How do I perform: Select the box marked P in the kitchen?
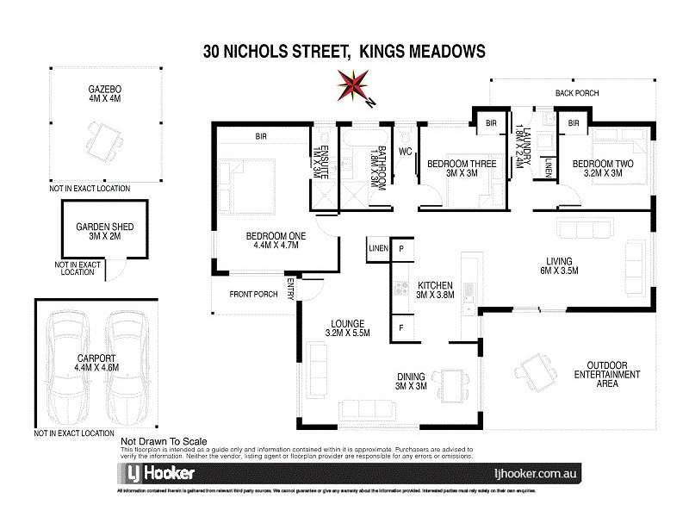click(401, 249)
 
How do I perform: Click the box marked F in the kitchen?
click(401, 327)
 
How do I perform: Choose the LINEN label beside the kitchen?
click(377, 249)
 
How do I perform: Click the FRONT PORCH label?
click(252, 295)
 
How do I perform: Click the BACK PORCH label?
click(576, 93)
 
